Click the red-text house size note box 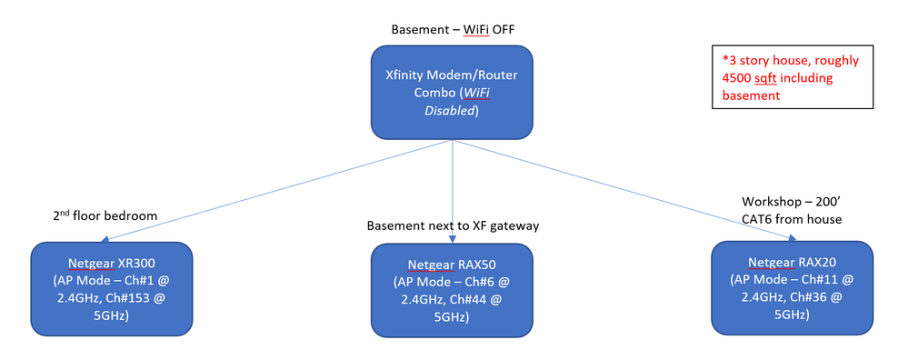pos(787,78)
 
